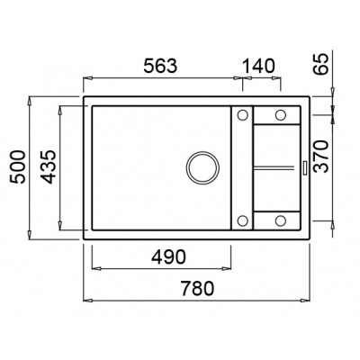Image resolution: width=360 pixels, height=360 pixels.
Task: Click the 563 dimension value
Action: (x=160, y=66)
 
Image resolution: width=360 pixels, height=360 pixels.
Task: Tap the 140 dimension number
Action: (x=258, y=66)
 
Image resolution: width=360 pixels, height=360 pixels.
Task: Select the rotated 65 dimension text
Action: (x=319, y=64)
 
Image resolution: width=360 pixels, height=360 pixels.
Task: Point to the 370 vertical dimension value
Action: (x=319, y=156)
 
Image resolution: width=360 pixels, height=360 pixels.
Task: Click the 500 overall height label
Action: (x=17, y=167)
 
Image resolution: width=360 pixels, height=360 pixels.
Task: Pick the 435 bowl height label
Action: (x=48, y=167)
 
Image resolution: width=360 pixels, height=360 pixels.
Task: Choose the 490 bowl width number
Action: (x=168, y=257)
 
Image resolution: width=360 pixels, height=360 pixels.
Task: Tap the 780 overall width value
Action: (x=197, y=288)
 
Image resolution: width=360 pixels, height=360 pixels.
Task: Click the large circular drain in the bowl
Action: (x=202, y=167)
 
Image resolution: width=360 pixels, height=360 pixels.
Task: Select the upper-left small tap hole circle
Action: (x=242, y=114)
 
